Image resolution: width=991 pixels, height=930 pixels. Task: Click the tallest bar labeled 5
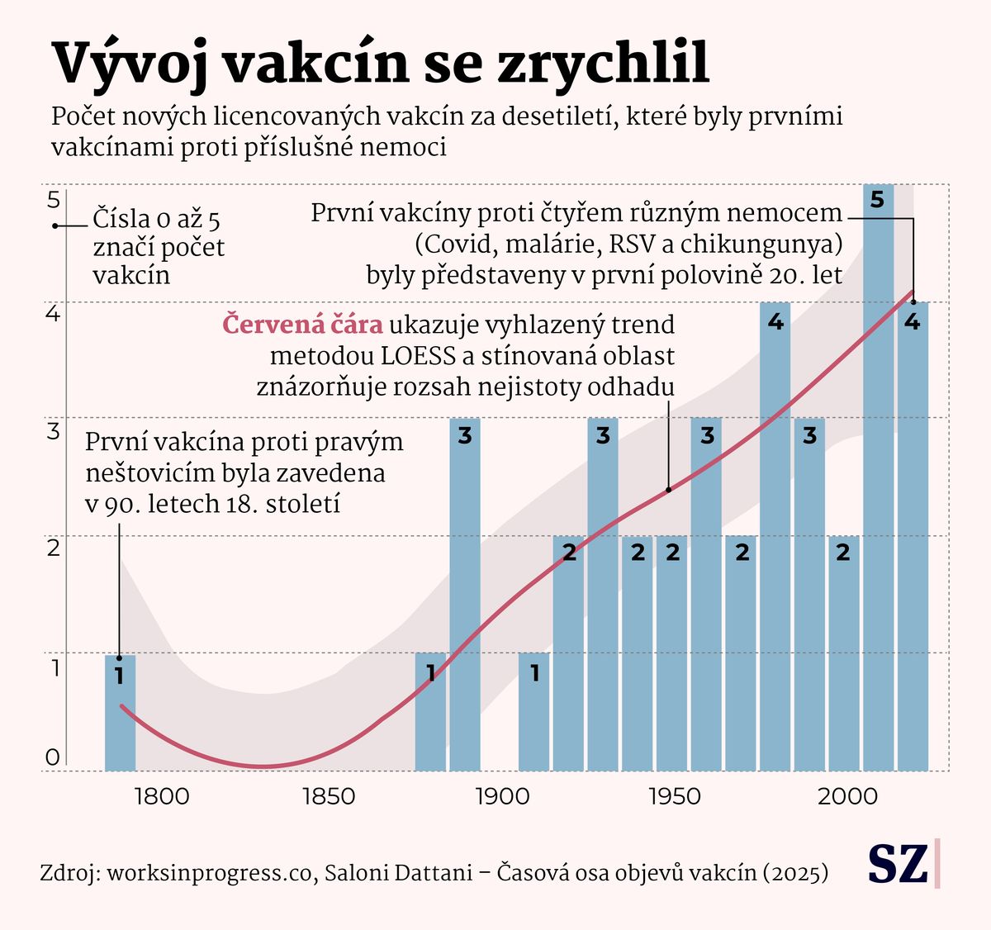(878, 479)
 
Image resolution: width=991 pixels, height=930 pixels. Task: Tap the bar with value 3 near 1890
(465, 595)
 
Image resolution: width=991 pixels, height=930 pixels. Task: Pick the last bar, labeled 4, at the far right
(913, 537)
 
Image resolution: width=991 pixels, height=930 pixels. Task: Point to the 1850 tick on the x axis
(329, 796)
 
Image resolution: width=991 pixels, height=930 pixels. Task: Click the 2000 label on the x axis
(847, 796)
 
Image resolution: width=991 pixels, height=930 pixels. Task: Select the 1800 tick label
(161, 796)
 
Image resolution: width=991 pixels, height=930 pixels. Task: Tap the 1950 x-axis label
(675, 796)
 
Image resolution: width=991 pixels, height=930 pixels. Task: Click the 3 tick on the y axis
(53, 430)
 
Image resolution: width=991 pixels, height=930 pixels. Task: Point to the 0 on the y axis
(53, 757)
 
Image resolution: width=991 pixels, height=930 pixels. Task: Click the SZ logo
(898, 864)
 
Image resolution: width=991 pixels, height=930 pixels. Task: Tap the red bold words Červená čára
(302, 325)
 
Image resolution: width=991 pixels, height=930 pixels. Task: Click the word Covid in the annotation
(453, 245)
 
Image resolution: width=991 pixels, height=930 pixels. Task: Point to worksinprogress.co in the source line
(211, 872)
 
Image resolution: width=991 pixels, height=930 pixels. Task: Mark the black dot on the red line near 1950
(668, 490)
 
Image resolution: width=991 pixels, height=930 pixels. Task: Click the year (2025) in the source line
(795, 872)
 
